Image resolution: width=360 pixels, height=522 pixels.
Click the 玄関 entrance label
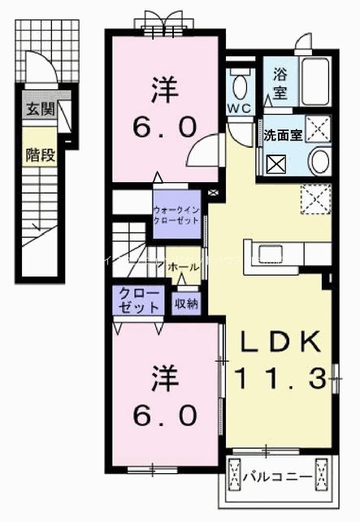38,110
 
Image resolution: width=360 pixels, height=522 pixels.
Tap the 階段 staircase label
38,154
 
